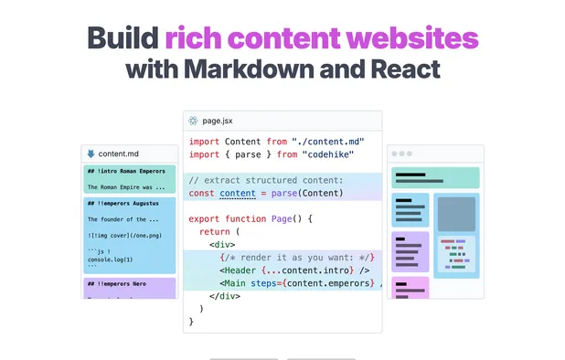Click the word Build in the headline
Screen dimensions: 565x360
pos(123,38)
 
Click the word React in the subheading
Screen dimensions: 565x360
pos(402,69)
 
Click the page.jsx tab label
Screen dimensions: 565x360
pos(221,121)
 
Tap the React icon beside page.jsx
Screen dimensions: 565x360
pos(194,121)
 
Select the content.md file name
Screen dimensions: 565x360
pos(124,154)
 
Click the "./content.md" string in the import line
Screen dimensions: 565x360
pos(326,141)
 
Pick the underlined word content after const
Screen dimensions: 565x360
pos(238,193)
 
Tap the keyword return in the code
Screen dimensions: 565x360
pos(215,232)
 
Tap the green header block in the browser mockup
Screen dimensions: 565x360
pos(435,177)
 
